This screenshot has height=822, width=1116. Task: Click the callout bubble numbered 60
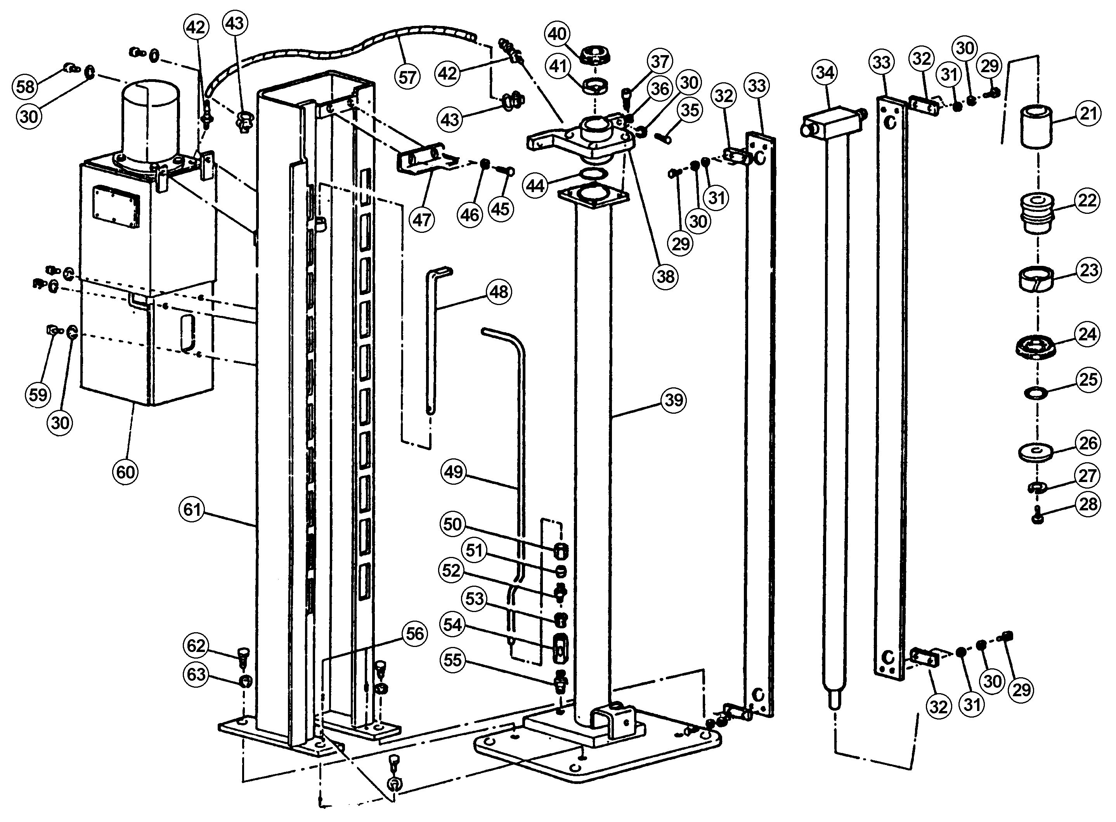pos(125,471)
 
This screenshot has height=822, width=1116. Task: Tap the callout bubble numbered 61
pos(192,509)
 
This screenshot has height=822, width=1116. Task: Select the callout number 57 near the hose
pos(407,77)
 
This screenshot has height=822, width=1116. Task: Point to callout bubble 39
pos(674,400)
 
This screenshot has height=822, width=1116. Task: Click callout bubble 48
pos(499,291)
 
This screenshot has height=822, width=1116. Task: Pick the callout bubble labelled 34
pos(825,73)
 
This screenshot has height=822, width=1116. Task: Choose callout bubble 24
pos(1087,334)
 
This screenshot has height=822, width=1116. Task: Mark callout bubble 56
pos(414,633)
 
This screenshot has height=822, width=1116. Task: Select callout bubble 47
pos(422,219)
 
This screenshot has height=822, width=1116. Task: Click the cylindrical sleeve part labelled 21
pos(1037,127)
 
